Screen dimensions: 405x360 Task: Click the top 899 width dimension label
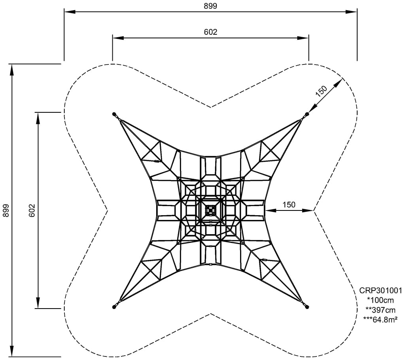pyautogui.click(x=210, y=6)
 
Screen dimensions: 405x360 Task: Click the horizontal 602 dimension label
pyautogui.click(x=210, y=32)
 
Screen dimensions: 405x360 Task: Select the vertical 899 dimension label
pyautogui.click(x=6, y=210)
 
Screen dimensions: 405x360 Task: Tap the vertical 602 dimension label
pyautogui.click(x=32, y=210)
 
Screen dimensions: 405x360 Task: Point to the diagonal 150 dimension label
pyautogui.click(x=321, y=91)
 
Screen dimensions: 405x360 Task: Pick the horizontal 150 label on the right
pyautogui.click(x=289, y=205)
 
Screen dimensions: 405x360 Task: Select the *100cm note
pyautogui.click(x=380, y=300)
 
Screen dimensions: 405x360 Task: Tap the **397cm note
pyautogui.click(x=380, y=310)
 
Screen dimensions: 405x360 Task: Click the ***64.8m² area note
pyautogui.click(x=380, y=320)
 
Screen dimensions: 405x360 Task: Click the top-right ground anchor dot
pyautogui.click(x=307, y=114)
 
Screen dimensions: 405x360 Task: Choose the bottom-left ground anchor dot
pyautogui.click(x=114, y=307)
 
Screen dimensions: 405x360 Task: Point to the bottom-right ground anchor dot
pyautogui.click(x=307, y=307)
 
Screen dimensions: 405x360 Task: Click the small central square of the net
pyautogui.click(x=210, y=210)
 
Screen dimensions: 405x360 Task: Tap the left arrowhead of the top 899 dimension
pyautogui.click(x=70, y=11)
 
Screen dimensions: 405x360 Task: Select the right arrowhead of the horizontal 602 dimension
pyautogui.click(x=303, y=38)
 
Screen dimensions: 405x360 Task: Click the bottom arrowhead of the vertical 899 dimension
pyautogui.click(x=11, y=351)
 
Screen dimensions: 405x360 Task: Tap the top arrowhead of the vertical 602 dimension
pyautogui.click(x=38, y=118)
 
